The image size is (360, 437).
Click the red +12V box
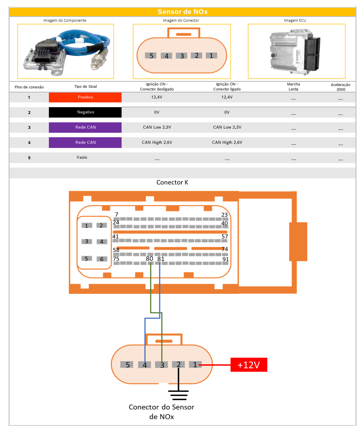point(249,365)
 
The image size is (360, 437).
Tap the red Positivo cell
point(85,97)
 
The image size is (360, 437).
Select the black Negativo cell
point(85,112)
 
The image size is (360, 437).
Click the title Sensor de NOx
point(182,12)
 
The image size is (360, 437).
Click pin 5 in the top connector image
point(151,56)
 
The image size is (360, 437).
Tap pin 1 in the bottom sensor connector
point(195,364)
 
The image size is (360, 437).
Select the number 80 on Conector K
point(149,259)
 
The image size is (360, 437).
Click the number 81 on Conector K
point(161,259)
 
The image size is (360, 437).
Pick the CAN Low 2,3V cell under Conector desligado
point(157,127)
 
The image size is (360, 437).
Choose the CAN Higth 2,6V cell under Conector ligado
point(227,142)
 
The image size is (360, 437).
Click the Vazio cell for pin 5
point(82,157)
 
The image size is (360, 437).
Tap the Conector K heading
point(172,182)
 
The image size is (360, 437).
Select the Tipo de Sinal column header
point(85,87)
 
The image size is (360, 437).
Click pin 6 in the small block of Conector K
point(102,259)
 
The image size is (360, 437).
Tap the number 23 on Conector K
point(224,215)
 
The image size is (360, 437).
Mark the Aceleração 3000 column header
point(340,87)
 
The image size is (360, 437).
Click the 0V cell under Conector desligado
point(157,112)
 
